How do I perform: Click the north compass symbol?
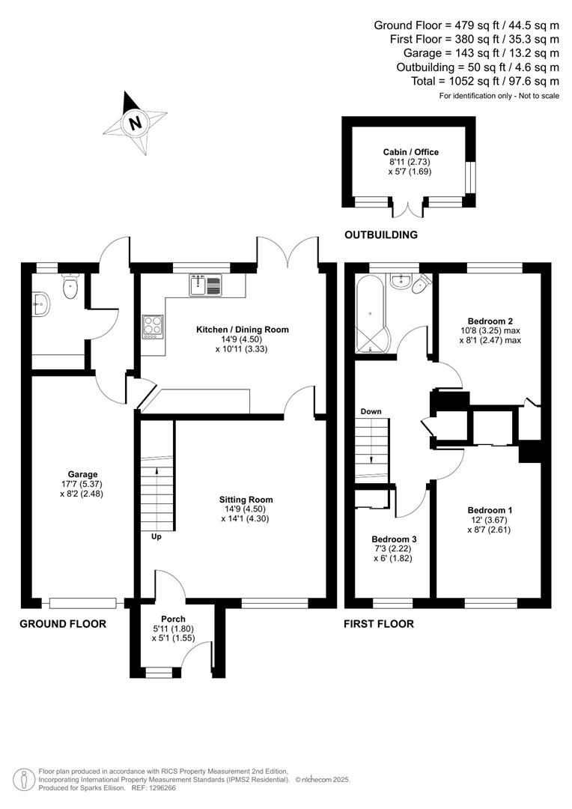[x=135, y=123]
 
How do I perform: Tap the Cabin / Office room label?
[x=410, y=152]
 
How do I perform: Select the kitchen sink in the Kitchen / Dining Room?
[x=206, y=285]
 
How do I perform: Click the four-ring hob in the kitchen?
[x=153, y=327]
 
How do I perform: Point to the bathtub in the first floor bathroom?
[x=371, y=315]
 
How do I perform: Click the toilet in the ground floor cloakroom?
[x=71, y=287]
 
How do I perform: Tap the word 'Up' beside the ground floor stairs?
[x=156, y=536]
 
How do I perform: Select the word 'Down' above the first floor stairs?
[x=371, y=412]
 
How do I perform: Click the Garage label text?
[x=82, y=474]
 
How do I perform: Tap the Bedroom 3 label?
[x=394, y=539]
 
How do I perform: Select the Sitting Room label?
[x=246, y=500]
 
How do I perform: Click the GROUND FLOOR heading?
[x=63, y=623]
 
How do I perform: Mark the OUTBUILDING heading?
[x=380, y=235]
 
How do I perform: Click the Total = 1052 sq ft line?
[x=485, y=81]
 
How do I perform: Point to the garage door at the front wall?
[x=82, y=602]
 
